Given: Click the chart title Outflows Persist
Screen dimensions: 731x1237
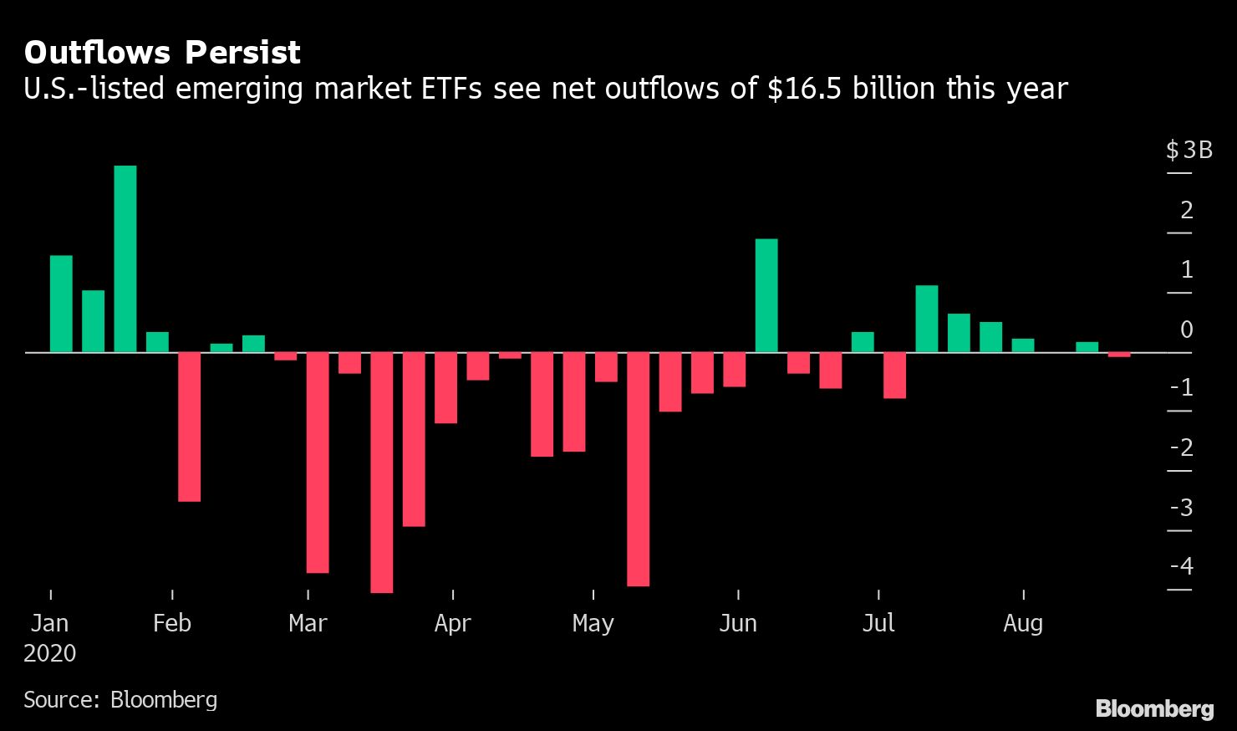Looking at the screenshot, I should (162, 53).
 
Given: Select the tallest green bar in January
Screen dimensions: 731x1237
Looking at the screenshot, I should (125, 258).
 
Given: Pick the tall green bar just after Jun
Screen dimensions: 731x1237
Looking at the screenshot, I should (766, 295).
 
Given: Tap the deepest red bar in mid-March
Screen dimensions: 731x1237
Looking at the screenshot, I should (382, 473).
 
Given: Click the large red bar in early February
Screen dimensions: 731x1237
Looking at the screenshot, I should (190, 427).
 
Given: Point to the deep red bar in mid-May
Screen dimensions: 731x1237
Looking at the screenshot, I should (639, 468).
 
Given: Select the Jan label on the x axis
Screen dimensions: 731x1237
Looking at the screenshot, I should (49, 623).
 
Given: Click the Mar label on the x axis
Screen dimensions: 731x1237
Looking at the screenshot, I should (308, 623).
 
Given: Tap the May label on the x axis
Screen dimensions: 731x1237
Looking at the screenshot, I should (593, 623).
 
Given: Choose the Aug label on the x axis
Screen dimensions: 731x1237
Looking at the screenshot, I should (1023, 623).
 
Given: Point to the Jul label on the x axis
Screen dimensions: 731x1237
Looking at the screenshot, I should (878, 623).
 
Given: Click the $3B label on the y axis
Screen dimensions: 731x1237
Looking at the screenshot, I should (1189, 151).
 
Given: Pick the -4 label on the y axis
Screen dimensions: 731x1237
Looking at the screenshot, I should (1182, 566).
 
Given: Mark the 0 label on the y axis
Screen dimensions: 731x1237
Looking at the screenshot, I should (1186, 330).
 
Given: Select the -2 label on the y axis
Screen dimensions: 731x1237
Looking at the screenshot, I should (1182, 447).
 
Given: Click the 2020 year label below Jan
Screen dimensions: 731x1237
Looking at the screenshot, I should (49, 653).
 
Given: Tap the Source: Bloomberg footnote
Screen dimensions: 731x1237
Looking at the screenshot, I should (120, 699).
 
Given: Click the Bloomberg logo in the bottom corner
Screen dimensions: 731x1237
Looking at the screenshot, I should (1154, 709).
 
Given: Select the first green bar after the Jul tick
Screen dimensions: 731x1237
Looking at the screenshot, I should (927, 319).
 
